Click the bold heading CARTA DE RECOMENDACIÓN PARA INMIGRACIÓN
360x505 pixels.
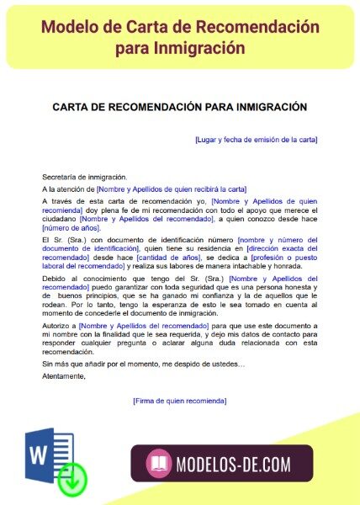click(x=180, y=107)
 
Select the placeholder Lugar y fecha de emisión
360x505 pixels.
click(x=256, y=139)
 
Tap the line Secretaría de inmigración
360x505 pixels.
click(x=84, y=177)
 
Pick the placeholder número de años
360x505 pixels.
click(x=71, y=227)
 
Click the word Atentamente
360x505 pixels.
click(x=64, y=376)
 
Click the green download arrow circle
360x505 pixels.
click(x=74, y=478)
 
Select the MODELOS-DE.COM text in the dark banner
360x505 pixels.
click(x=234, y=464)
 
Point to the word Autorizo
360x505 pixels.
click(x=56, y=325)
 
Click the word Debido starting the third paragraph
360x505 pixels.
click(x=55, y=279)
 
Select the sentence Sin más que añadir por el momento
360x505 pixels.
click(x=143, y=364)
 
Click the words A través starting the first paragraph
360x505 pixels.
click(x=59, y=202)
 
